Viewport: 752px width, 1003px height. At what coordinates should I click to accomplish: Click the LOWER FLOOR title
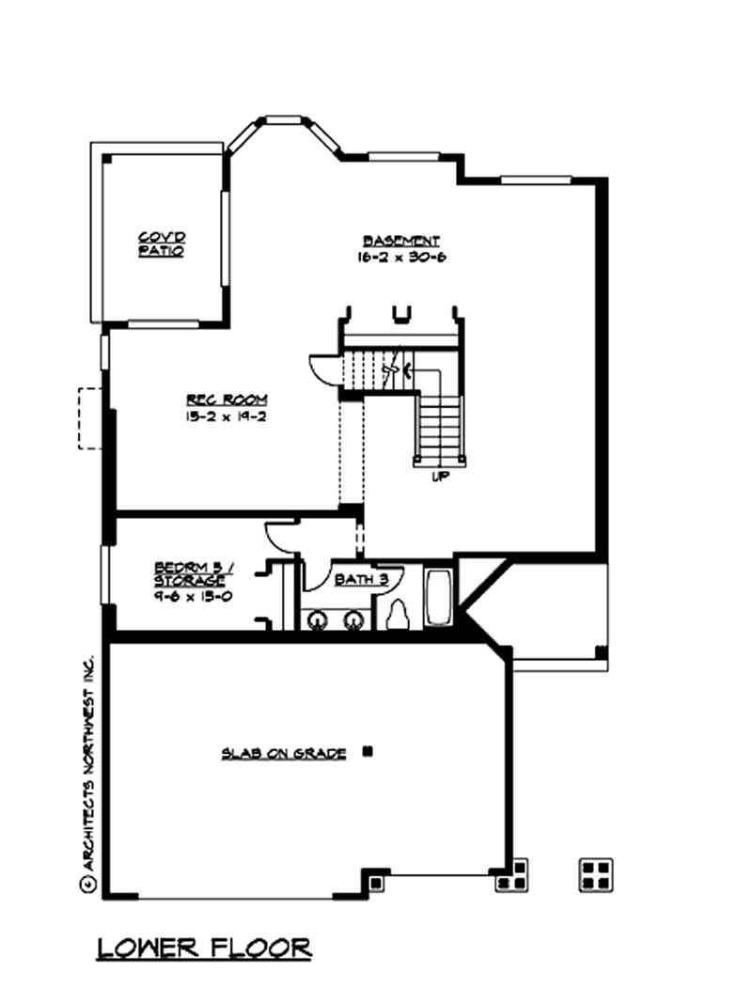point(204,948)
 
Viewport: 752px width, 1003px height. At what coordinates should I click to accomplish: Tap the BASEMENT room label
point(401,240)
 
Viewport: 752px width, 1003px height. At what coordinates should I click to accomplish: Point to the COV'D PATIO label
point(161,244)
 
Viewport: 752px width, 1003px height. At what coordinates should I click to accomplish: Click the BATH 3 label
point(361,579)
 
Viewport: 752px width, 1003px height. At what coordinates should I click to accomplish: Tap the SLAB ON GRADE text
point(284,753)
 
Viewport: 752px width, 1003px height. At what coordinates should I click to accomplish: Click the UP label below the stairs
point(439,477)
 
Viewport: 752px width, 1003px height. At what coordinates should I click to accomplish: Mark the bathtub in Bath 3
point(438,599)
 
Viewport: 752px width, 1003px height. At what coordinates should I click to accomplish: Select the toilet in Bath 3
point(399,616)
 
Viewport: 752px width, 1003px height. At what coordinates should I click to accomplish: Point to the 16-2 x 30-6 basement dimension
point(401,256)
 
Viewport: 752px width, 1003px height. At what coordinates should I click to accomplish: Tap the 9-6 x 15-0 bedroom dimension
point(191,596)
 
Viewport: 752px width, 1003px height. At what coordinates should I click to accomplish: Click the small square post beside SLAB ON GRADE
point(368,751)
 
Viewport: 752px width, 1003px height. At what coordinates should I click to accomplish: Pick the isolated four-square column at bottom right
point(596,874)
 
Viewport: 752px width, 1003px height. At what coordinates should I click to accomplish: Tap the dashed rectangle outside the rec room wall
point(90,418)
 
